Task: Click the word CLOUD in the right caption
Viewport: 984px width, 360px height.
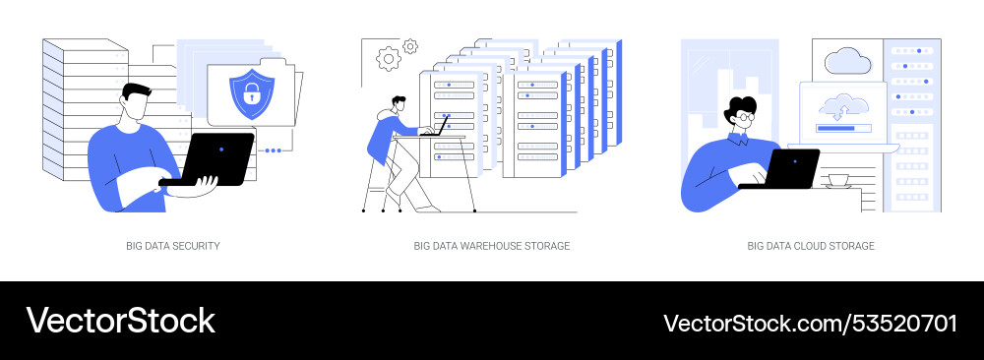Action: click(x=821, y=246)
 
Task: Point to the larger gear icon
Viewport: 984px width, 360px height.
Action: click(x=390, y=58)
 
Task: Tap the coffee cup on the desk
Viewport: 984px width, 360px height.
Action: click(x=838, y=180)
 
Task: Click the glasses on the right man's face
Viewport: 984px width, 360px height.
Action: click(x=744, y=117)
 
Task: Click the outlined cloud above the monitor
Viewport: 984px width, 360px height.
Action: click(x=846, y=60)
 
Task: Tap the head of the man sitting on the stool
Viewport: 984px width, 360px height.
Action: click(x=396, y=103)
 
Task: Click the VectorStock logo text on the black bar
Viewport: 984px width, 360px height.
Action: click(x=120, y=321)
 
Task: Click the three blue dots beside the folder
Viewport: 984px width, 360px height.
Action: click(x=273, y=150)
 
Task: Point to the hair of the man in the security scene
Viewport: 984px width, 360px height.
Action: click(x=135, y=90)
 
